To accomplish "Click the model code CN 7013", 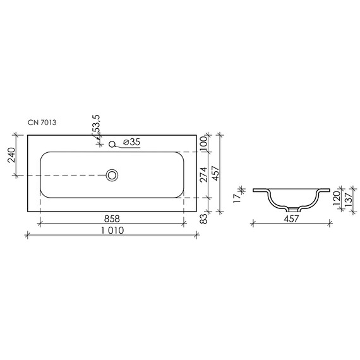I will click(42, 123).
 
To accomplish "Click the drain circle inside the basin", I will click(112, 174).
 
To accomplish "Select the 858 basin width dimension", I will click(112, 218).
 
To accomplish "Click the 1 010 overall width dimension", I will click(114, 231).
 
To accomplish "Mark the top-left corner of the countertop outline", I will click(27, 135).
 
